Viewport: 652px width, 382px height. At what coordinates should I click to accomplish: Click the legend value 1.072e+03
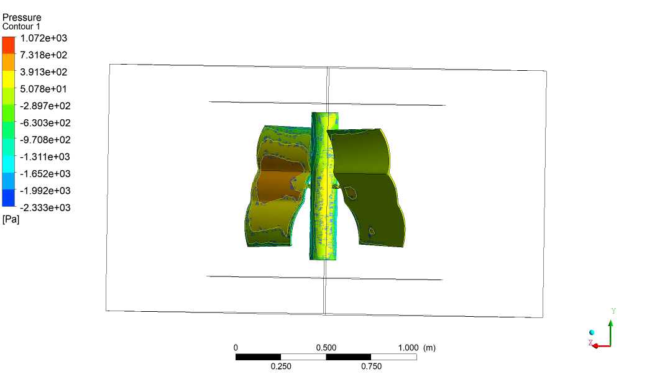[x=44, y=39]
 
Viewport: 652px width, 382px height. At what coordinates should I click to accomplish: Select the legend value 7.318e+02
[x=44, y=55]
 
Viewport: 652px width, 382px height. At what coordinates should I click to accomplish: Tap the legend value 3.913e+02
[x=44, y=72]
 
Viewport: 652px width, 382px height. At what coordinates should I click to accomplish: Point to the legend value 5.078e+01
[x=44, y=89]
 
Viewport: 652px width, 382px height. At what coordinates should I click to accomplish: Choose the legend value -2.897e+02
[x=45, y=106]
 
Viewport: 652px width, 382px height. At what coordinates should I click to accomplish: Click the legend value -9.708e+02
[x=45, y=140]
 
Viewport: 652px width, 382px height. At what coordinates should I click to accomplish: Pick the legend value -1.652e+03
[x=45, y=174]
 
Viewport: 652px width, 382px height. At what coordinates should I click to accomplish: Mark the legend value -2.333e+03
[x=45, y=208]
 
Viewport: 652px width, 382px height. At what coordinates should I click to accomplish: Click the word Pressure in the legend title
[x=22, y=17]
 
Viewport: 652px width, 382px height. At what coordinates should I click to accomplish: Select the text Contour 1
[x=21, y=27]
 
